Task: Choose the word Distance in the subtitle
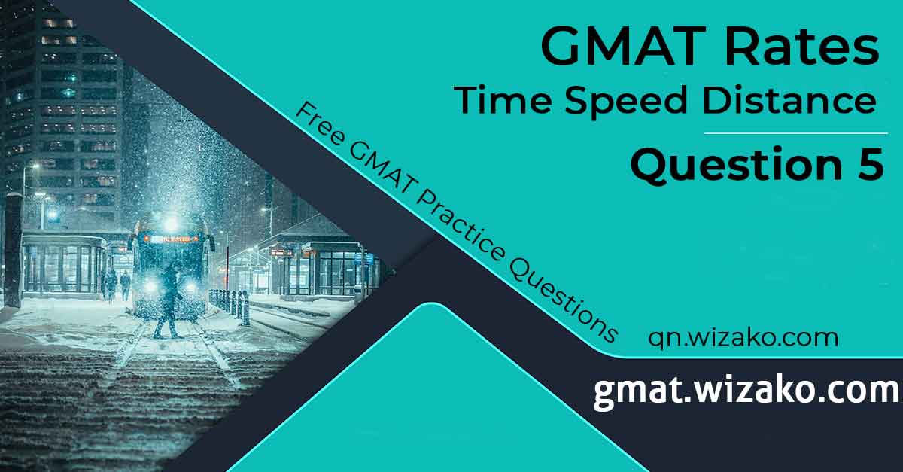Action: coord(790,101)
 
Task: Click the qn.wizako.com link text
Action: coord(743,337)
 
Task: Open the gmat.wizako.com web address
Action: coord(746,391)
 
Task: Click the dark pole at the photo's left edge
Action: coord(13,248)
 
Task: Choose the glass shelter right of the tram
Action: coord(331,267)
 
